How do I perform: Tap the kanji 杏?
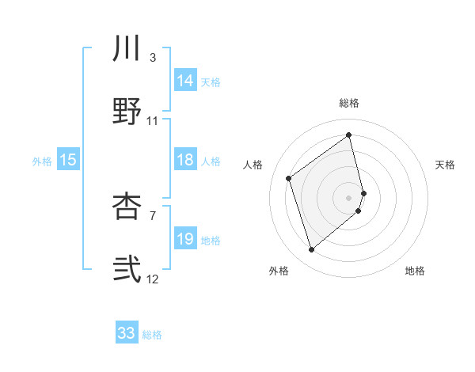(127, 205)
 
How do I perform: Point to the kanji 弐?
(127, 270)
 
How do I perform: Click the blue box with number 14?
(185, 81)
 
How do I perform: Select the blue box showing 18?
(185, 160)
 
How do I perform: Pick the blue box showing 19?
(185, 239)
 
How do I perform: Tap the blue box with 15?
(68, 160)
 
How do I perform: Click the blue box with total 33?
(127, 333)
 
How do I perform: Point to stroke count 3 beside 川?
(152, 57)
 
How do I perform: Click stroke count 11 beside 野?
(153, 121)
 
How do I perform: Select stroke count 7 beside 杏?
(152, 214)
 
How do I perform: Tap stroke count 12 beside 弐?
(153, 279)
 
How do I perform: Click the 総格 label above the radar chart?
(349, 103)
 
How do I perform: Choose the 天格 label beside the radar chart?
(446, 165)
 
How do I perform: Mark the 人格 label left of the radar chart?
(253, 165)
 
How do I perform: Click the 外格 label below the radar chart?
(279, 271)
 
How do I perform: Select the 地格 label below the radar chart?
(415, 271)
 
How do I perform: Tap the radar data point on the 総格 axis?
(349, 135)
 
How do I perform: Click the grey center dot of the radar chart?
(349, 196)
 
